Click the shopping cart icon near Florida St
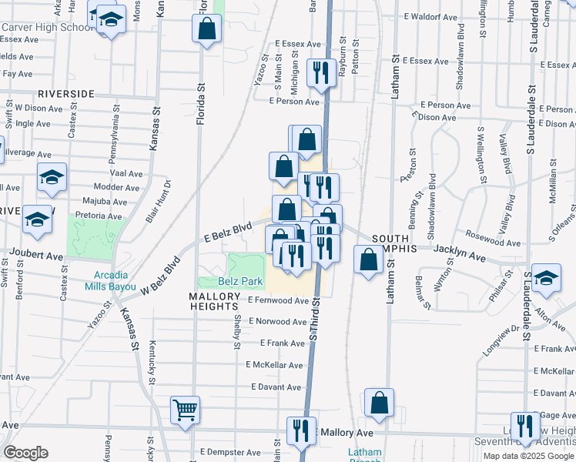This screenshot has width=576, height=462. (186, 412)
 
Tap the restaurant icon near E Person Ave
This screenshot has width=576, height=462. (319, 74)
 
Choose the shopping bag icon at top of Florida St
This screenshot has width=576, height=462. (206, 30)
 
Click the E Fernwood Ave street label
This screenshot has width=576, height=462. (278, 300)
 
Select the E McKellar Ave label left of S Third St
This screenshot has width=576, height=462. (274, 364)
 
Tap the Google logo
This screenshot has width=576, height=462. (25, 453)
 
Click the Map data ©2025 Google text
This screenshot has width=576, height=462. (527, 456)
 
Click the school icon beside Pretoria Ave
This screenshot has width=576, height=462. (37, 219)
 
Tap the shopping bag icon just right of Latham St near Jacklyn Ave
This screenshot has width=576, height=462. (369, 259)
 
